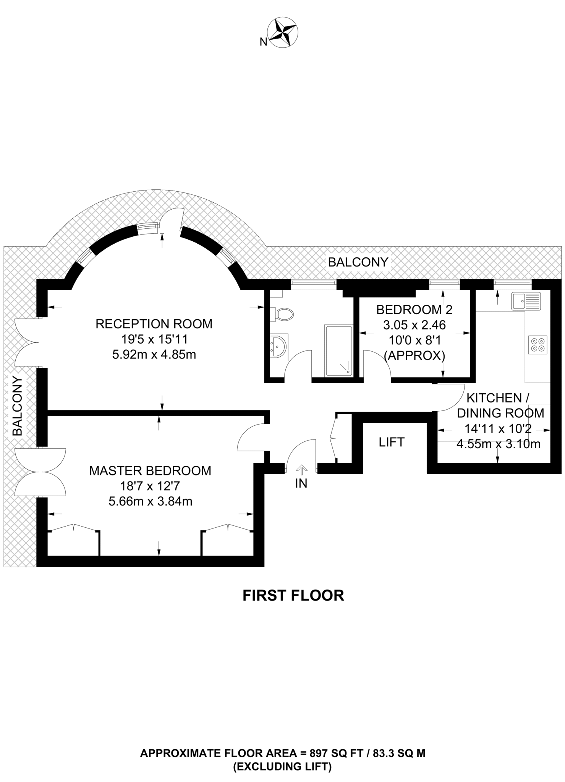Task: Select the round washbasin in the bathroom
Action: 279,346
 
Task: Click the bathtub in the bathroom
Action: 338,351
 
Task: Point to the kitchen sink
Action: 526,301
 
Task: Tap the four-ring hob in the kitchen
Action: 538,344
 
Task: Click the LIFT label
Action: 392,442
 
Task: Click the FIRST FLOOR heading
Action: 293,596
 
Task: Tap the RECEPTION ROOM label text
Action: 154,324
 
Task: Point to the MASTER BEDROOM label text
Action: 150,471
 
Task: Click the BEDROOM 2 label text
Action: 414,310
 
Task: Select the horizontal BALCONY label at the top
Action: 358,262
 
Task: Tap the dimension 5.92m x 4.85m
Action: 154,355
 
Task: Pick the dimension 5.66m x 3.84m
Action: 150,501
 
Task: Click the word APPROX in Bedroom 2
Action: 414,356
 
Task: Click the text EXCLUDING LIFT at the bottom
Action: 282,766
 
